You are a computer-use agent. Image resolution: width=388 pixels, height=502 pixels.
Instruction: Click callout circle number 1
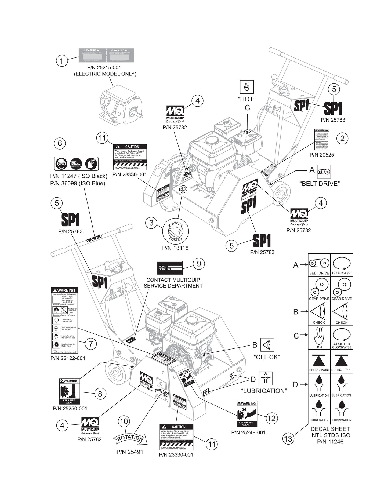(x=61, y=61)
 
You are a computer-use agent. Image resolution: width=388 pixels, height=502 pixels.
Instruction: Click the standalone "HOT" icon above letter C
(x=246, y=87)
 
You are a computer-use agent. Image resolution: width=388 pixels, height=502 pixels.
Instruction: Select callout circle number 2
(x=342, y=139)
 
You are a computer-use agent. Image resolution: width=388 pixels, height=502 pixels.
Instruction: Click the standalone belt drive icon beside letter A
(x=324, y=172)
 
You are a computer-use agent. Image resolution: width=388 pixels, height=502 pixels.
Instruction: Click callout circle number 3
(x=151, y=223)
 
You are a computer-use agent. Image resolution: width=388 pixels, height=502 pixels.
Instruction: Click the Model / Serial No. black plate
(x=169, y=268)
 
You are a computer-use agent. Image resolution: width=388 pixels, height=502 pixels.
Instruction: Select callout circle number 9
(x=199, y=264)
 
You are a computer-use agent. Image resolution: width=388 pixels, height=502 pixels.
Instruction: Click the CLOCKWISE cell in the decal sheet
(x=342, y=265)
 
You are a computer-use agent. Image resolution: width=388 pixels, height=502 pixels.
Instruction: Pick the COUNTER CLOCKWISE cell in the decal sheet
(x=342, y=337)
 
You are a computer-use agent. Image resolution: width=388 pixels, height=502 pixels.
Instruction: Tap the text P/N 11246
(x=330, y=442)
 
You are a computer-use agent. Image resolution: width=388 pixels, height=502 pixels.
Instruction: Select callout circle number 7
(x=91, y=344)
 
